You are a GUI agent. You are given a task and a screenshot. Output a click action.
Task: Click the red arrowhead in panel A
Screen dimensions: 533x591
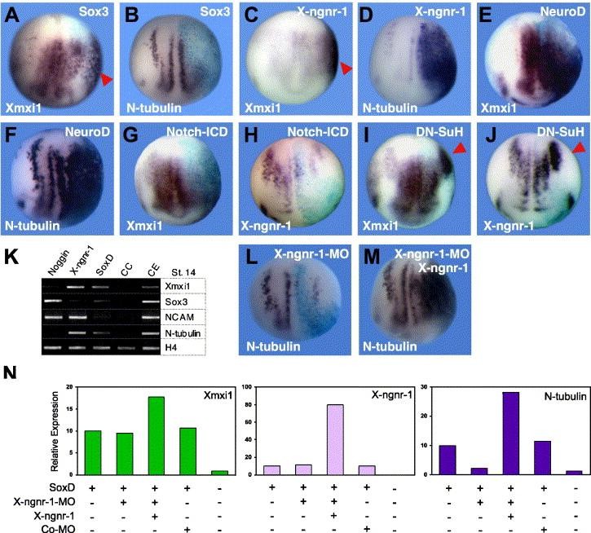tap(107, 78)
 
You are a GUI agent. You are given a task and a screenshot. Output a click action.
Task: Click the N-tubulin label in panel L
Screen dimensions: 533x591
tap(274, 348)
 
